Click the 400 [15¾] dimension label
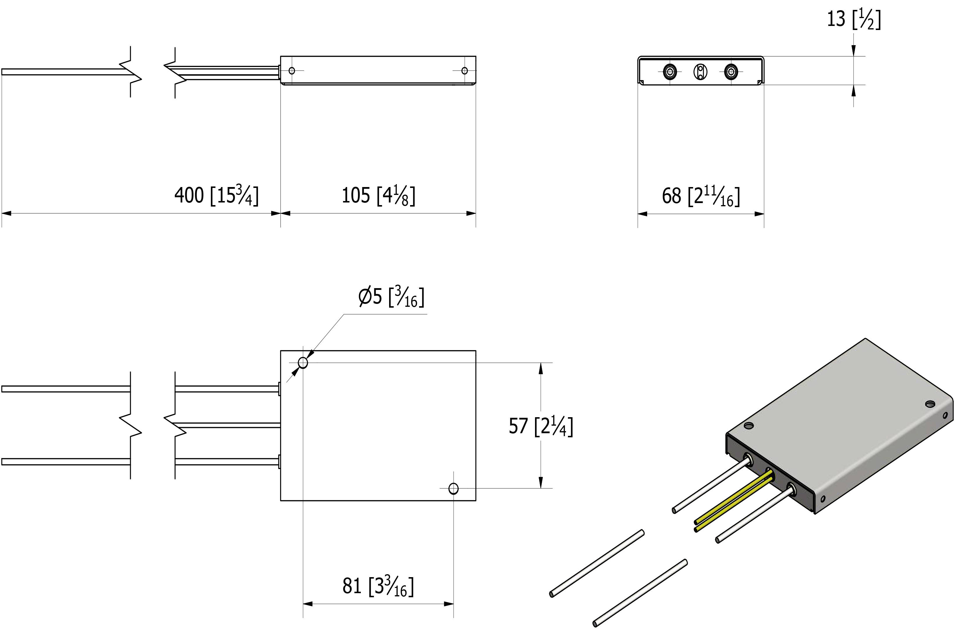216,195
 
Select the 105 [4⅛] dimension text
378,195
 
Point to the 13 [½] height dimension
854,19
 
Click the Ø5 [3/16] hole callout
391,297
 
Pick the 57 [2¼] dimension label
541,426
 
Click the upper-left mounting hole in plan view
303,363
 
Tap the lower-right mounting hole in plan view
453,489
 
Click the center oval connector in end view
700,72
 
